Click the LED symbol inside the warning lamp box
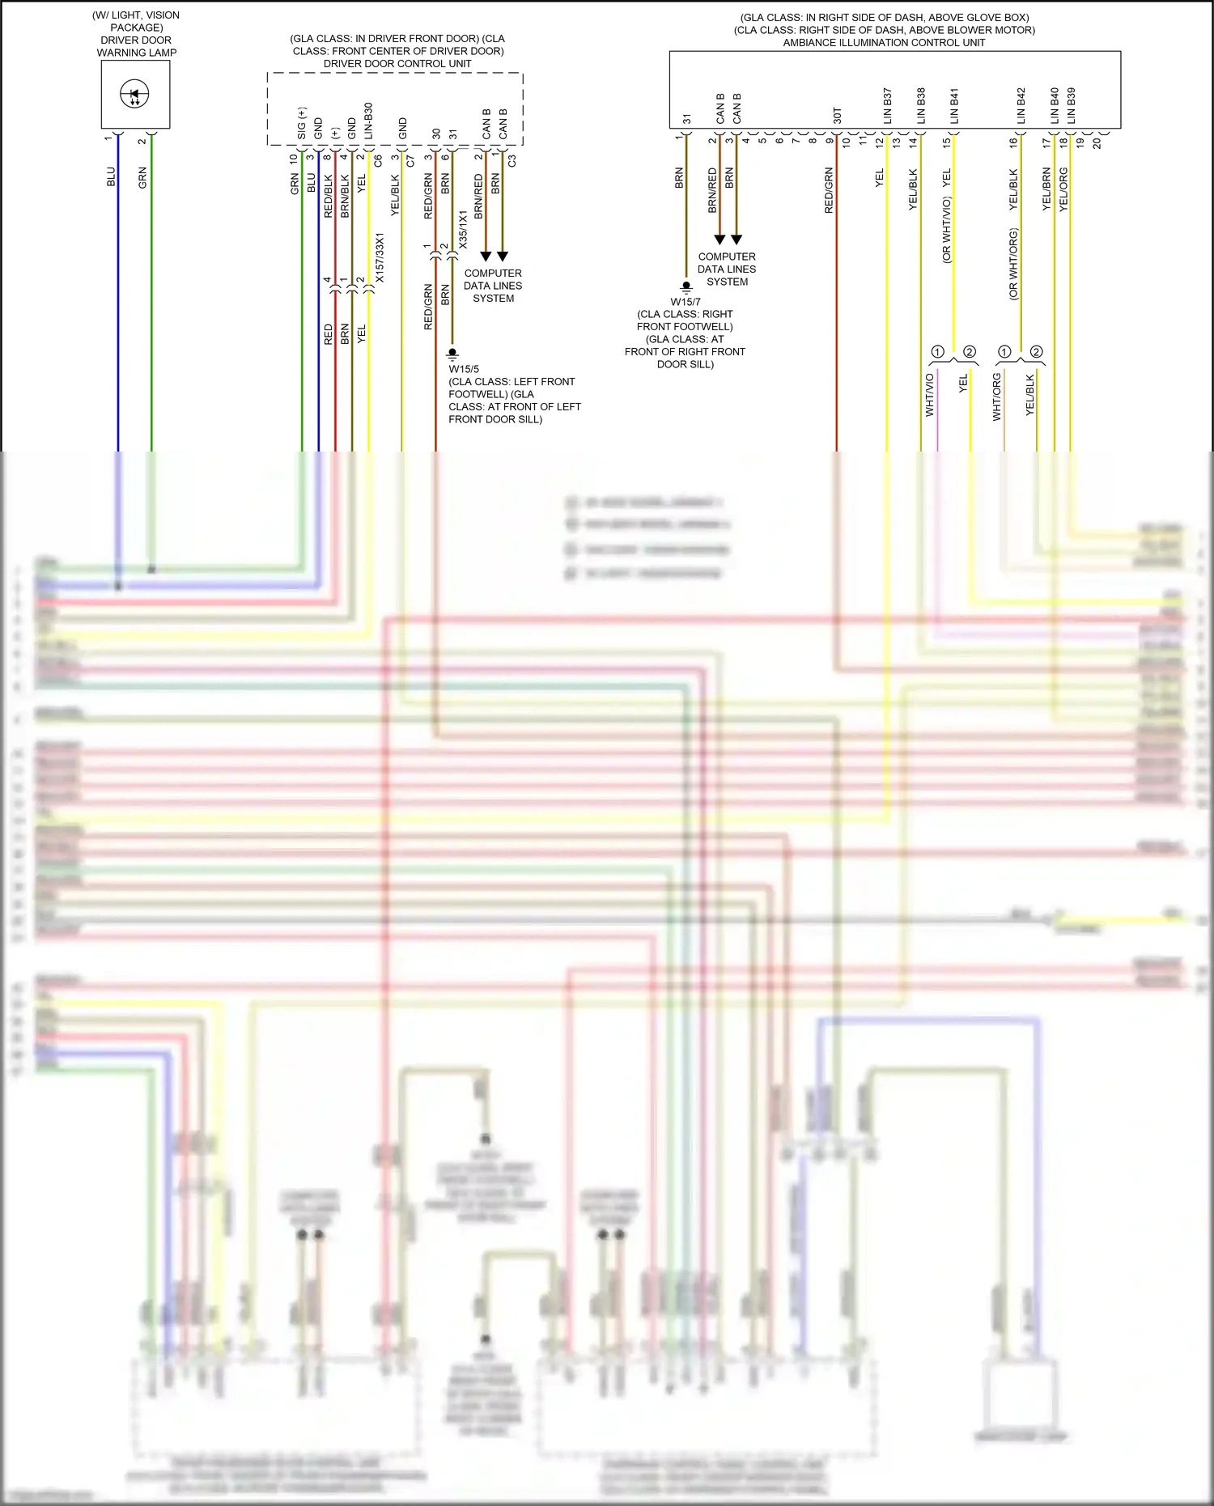pos(134,95)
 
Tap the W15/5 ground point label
pos(464,369)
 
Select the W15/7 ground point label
pos(686,302)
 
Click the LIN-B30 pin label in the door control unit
pos(368,121)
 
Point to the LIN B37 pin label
pos(887,106)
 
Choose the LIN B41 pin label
pos(954,106)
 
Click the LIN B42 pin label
pos(1021,106)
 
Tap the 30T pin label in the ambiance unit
pos(837,116)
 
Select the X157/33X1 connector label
pos(380,258)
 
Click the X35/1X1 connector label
pos(463,230)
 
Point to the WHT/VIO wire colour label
pos(930,395)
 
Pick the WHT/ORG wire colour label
pos(997,397)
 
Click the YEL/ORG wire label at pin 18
pos(1063,189)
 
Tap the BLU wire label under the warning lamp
pos(111,177)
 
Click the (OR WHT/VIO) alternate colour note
pos(947,230)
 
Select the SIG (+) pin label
pos(302,123)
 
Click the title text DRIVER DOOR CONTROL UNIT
pos(397,64)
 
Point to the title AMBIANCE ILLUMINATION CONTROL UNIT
pos(884,43)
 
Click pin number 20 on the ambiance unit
pos(1097,143)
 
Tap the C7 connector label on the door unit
pos(410,160)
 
